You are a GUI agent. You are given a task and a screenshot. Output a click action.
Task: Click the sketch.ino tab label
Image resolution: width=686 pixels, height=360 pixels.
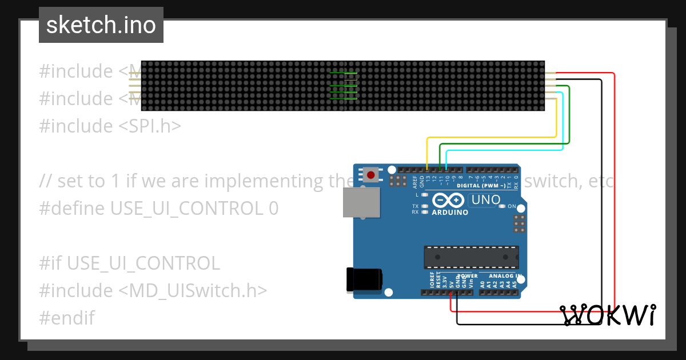(101, 25)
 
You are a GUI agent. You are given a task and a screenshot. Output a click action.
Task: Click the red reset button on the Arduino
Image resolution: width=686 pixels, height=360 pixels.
(371, 175)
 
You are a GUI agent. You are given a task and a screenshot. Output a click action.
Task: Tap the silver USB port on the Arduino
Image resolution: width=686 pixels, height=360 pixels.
(361, 202)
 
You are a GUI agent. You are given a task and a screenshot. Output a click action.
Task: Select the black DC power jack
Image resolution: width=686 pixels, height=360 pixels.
(364, 280)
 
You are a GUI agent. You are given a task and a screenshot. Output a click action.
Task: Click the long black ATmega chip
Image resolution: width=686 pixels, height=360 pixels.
(471, 257)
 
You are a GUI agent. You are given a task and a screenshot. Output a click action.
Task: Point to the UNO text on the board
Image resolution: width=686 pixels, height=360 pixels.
(486, 200)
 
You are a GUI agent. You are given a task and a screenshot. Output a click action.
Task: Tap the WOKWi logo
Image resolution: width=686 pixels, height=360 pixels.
(608, 315)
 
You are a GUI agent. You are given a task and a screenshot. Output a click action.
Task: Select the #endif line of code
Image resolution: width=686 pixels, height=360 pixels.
(67, 318)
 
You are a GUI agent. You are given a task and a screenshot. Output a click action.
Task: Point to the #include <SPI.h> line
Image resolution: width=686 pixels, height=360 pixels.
(110, 126)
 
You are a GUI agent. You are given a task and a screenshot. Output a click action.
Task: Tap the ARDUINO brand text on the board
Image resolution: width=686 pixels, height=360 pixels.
(450, 213)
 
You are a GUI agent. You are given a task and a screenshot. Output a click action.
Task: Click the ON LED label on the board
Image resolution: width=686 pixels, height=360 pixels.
(512, 206)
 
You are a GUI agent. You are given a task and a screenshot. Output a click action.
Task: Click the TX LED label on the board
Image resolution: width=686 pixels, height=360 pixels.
(416, 206)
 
